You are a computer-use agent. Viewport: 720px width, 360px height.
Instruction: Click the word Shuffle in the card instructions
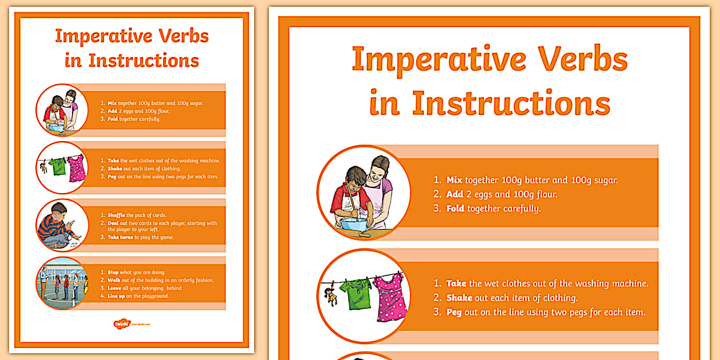[116, 215]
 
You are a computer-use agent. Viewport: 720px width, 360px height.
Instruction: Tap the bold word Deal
[113, 223]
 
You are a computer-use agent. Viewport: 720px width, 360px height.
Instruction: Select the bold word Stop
[113, 273]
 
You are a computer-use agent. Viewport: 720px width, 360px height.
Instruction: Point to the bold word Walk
[114, 280]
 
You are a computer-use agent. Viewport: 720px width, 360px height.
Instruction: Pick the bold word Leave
[114, 288]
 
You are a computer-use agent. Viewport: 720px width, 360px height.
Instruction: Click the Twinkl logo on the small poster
[122, 324]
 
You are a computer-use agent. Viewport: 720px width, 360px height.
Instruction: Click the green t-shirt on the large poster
[355, 293]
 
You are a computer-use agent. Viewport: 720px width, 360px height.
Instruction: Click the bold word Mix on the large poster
[454, 180]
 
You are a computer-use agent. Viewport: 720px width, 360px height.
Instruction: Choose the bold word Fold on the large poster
[455, 209]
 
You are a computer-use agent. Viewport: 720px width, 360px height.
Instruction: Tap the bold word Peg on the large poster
[454, 312]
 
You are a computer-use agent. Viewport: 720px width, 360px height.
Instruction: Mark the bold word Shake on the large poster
[459, 298]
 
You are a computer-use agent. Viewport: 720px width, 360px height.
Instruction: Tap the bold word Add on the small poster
[113, 111]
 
